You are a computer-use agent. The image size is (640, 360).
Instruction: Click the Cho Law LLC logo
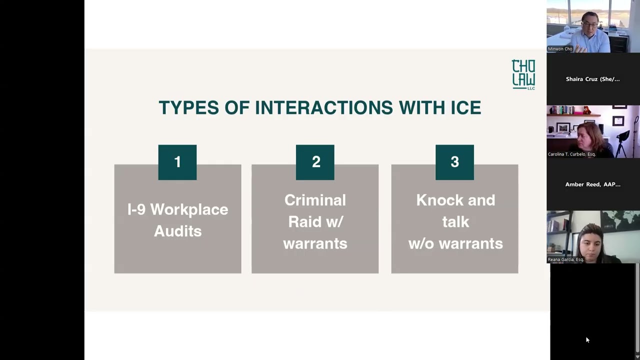[523, 74]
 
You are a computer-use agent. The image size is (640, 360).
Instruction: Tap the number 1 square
[177, 162]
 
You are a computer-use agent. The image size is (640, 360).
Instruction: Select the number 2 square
[315, 162]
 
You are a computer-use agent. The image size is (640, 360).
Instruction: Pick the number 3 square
[454, 162]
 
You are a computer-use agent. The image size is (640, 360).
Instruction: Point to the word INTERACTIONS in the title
[324, 107]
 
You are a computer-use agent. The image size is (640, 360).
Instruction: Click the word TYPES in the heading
[189, 107]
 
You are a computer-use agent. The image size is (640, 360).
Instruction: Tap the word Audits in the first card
[177, 231]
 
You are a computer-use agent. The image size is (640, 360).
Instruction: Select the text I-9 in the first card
[137, 209]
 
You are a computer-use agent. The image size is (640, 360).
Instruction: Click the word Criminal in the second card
[315, 200]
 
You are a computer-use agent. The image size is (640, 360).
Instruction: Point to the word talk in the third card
[455, 221]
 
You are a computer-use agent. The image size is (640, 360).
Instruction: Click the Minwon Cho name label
[560, 49]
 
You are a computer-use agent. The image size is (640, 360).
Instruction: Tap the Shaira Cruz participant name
[593, 79]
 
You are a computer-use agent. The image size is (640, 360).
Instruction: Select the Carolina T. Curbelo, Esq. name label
[571, 154]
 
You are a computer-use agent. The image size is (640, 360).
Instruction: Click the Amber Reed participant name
[593, 184]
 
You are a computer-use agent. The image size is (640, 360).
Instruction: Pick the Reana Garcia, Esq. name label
[565, 259]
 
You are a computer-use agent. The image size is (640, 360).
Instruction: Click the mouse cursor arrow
[587, 339]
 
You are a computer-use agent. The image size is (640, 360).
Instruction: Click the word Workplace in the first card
[189, 210]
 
